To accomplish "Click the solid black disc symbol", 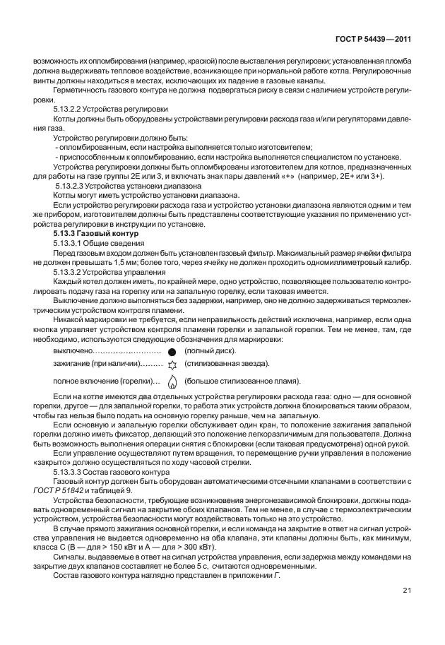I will (170, 351).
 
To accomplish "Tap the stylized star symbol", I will (170, 365).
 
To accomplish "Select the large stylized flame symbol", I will (170, 381).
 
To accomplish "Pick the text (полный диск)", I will (210, 351).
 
